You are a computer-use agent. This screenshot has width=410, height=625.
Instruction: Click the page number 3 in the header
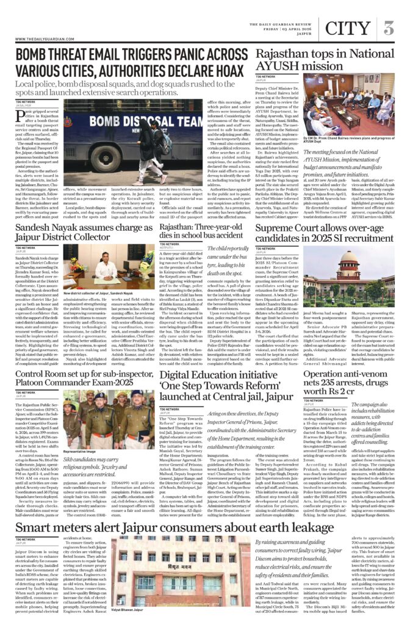[x=389, y=28]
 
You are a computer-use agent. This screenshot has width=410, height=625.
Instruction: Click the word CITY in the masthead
[x=348, y=28]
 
